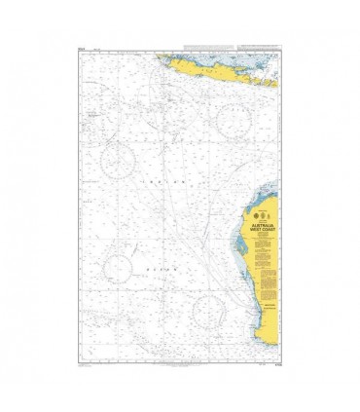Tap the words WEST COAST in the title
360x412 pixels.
[261, 228]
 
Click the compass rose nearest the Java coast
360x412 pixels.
[234, 121]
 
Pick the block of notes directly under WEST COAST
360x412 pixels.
[261, 243]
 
